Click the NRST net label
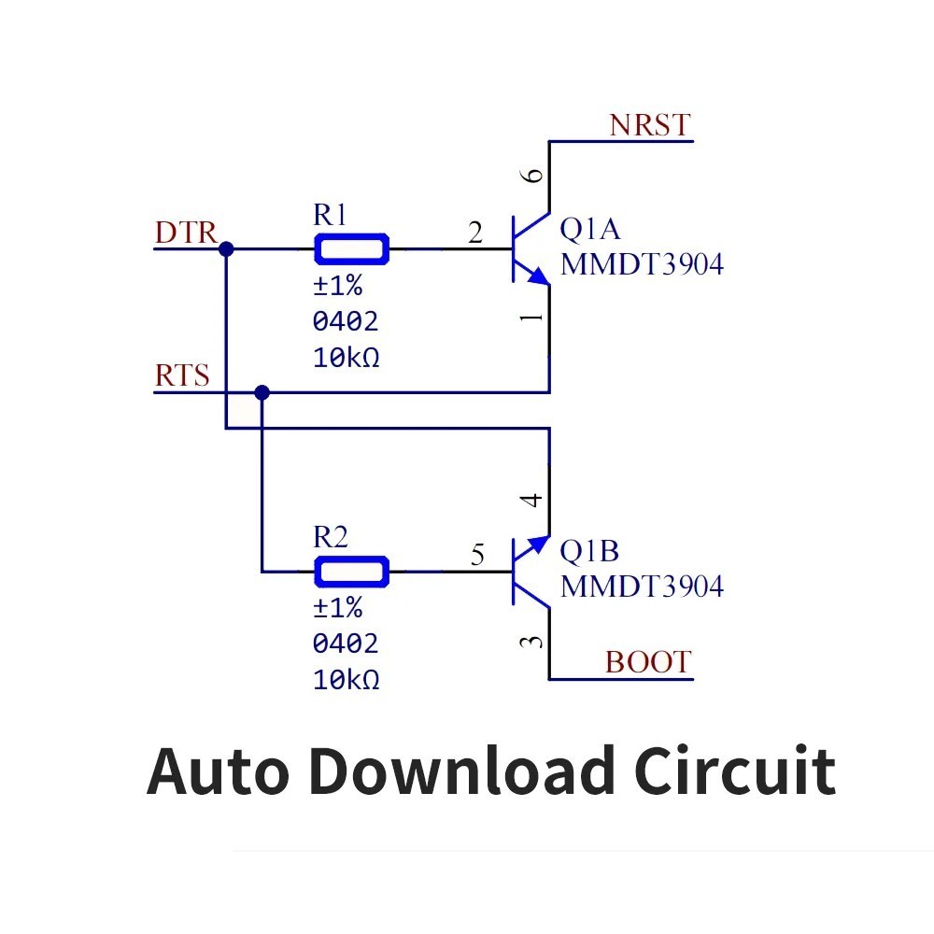649,125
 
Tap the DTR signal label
186,233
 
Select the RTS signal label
182,376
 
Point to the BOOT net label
647,662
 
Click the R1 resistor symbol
351,249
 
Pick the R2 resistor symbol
351,572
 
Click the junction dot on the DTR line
226,249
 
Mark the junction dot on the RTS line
262,392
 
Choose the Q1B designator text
588,552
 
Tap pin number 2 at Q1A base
475,233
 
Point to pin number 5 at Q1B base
477,557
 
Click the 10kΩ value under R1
346,358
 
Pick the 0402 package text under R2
346,644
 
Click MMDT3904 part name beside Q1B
642,587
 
